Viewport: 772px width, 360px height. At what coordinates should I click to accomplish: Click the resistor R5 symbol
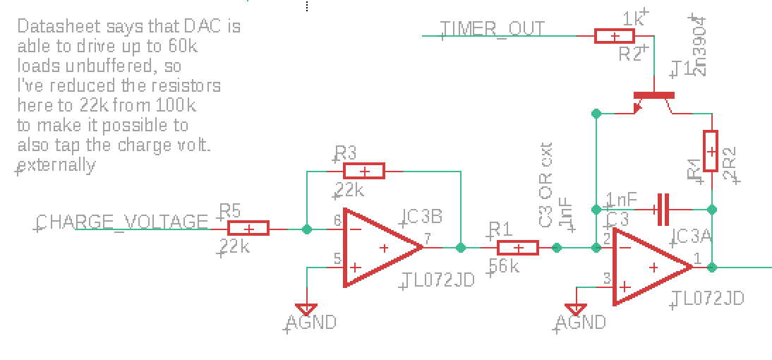click(248, 229)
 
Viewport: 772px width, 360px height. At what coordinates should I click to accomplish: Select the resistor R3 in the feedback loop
click(364, 171)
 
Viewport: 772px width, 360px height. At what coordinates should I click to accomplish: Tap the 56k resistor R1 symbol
click(518, 248)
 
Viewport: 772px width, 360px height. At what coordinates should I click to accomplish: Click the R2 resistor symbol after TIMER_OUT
click(615, 36)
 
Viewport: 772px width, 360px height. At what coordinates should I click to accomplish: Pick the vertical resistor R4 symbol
click(711, 151)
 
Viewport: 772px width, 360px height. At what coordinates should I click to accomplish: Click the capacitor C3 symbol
click(661, 209)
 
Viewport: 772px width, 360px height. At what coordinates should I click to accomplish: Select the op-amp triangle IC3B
click(381, 248)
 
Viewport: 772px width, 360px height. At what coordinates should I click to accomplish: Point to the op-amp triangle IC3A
click(651, 267)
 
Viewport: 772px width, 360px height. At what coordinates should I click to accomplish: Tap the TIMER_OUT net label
click(493, 29)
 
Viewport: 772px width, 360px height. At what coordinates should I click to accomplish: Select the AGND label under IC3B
click(311, 323)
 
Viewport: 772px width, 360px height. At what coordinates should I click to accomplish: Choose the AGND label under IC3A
click(581, 323)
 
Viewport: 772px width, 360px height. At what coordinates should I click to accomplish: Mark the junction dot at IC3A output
click(712, 267)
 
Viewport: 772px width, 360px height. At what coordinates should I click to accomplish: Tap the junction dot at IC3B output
click(461, 248)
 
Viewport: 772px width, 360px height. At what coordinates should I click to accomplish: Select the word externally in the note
click(57, 165)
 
